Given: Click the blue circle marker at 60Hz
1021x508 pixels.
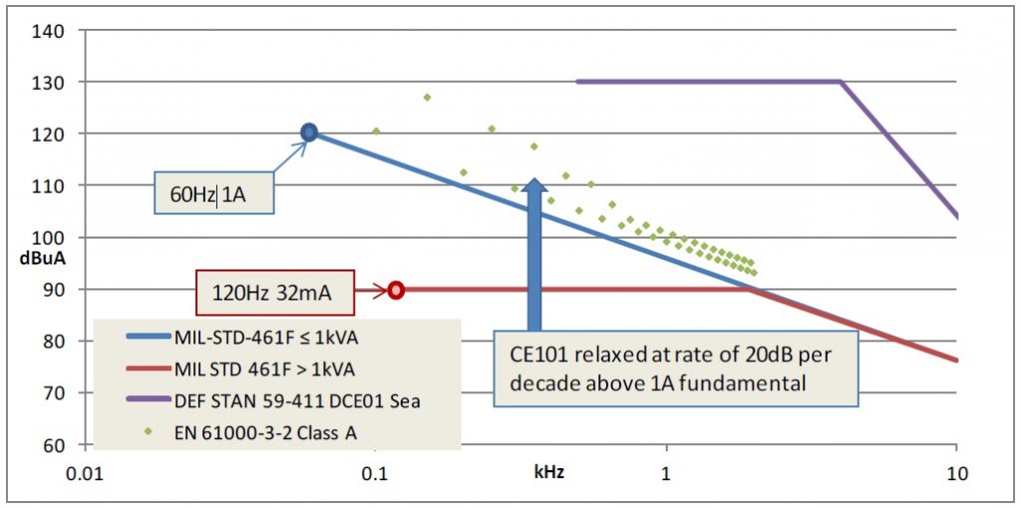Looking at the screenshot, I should click(309, 132).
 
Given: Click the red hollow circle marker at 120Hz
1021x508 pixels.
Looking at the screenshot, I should click(396, 290).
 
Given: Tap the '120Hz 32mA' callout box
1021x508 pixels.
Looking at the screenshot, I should click(274, 292).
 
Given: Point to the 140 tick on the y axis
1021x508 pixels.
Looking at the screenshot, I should click(53, 31).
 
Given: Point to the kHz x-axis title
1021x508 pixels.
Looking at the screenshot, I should click(548, 470).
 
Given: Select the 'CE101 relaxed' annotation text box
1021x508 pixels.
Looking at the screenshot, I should click(675, 369).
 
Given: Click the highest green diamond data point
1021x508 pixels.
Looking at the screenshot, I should click(427, 98).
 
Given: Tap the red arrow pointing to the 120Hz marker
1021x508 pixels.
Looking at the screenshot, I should click(370, 291).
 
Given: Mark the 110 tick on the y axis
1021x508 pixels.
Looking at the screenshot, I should click(53, 186).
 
